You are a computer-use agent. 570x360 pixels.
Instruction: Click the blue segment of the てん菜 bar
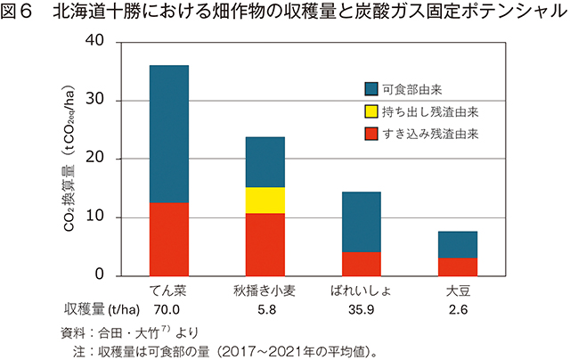168,134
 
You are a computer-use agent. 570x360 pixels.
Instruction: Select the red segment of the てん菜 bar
168,239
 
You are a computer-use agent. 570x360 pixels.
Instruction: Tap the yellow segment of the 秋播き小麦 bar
265,200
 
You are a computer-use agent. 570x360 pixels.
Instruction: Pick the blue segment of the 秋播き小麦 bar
265,161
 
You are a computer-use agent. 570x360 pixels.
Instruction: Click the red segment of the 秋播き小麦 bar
265,244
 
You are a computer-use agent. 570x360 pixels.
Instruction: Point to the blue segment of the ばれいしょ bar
362,222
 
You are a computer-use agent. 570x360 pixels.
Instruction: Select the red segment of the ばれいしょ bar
362,264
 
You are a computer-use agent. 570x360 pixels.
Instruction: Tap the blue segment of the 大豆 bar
458,244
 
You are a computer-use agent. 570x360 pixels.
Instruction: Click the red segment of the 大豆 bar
458,266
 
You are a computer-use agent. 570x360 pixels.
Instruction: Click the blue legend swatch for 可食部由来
371,89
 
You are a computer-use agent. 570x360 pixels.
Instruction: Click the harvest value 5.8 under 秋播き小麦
265,310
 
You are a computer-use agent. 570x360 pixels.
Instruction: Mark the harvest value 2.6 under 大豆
458,310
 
